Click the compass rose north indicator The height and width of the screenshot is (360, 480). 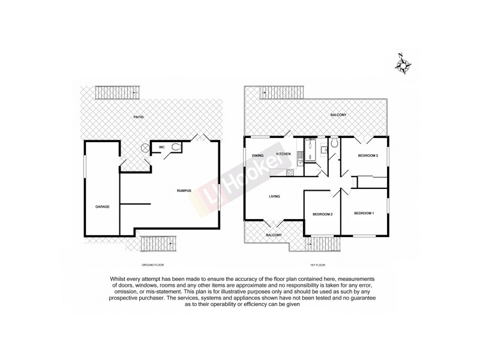[403, 62]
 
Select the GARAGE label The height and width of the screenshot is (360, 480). [101, 206]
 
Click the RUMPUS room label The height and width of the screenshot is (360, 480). [184, 190]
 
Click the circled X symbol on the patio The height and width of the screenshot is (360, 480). [145, 148]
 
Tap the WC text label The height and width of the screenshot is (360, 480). [161, 146]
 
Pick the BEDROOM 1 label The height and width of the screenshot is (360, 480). [364, 214]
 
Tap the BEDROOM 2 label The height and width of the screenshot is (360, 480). [322, 214]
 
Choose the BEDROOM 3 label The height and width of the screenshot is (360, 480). [367, 156]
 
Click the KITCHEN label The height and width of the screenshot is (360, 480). [283, 154]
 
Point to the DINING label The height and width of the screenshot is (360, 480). [258, 154]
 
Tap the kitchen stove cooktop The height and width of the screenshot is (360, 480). [290, 173]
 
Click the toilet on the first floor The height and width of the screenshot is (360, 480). [334, 144]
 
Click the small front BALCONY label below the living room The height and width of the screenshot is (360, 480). [274, 235]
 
